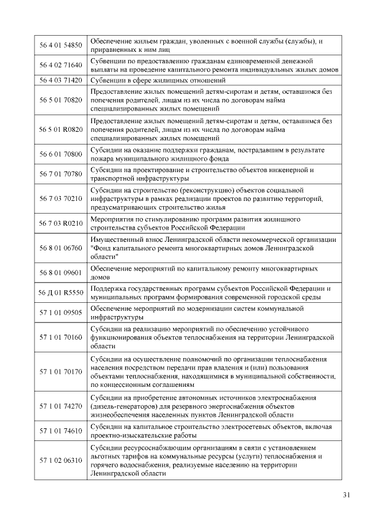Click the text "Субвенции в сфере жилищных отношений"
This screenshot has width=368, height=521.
pos(158,80)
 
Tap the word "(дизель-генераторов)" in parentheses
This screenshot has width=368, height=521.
pos(125,406)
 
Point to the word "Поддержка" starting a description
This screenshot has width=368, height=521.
pos(110,288)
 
